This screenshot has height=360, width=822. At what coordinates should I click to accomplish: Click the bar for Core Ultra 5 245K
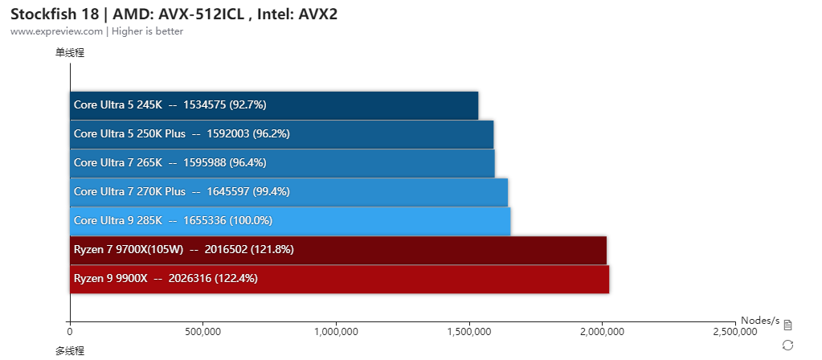click(x=273, y=105)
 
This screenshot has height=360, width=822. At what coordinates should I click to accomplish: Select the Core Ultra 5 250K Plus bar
click(x=281, y=134)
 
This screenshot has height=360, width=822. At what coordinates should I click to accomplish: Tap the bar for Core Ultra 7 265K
click(x=282, y=163)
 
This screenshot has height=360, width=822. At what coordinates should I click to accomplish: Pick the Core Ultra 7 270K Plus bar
click(x=288, y=192)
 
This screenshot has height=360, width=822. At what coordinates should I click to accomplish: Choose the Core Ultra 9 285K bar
click(x=290, y=221)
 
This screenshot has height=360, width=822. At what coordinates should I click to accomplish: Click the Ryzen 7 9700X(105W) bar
click(x=337, y=250)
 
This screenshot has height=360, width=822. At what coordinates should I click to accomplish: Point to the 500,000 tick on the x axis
click(x=203, y=331)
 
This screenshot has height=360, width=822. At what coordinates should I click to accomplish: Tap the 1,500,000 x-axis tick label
click(x=469, y=331)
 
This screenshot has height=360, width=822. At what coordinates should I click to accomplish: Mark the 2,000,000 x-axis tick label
click(x=602, y=331)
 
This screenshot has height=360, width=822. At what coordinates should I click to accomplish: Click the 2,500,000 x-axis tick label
click(x=734, y=331)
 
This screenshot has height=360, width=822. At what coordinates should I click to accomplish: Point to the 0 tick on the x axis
click(x=70, y=331)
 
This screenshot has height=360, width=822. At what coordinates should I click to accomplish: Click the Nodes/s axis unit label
click(x=760, y=320)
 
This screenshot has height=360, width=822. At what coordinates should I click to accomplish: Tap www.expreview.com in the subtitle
click(x=57, y=31)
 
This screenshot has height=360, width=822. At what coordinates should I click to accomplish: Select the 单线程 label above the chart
click(x=70, y=53)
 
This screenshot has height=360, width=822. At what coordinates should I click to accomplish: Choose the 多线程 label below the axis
click(x=70, y=350)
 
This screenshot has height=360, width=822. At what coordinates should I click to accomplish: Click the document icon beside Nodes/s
click(x=787, y=325)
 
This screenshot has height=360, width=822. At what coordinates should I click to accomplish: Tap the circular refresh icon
click(x=787, y=345)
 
